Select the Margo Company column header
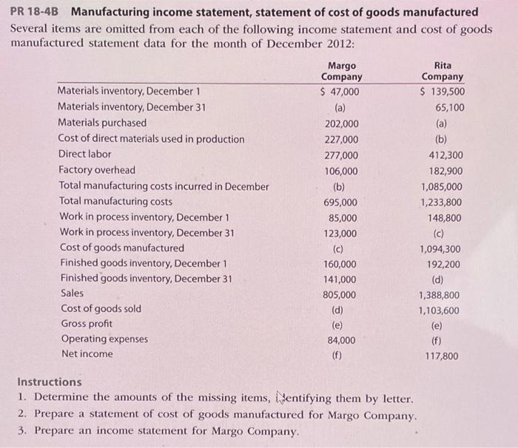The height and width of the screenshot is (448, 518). [x=341, y=71]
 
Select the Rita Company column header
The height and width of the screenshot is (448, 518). [x=442, y=71]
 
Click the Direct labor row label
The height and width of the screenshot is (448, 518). [x=85, y=155]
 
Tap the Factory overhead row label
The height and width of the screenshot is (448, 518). [x=97, y=170]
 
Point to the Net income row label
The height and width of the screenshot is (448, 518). [x=87, y=354]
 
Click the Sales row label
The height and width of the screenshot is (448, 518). [x=73, y=293]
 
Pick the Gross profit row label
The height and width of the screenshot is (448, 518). [x=87, y=324]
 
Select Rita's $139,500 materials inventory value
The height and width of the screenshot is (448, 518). [x=442, y=92]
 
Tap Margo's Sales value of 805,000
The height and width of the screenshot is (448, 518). [x=340, y=295]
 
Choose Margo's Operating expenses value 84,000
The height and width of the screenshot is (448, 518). [x=342, y=341]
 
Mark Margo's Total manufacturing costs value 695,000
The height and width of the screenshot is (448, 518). [x=340, y=202]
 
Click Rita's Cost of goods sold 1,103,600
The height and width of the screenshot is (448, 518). [x=440, y=310]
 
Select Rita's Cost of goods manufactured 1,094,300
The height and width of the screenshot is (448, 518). [x=440, y=249]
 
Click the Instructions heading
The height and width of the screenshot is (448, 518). [x=50, y=382]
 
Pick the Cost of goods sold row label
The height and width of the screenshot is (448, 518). [x=101, y=308]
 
